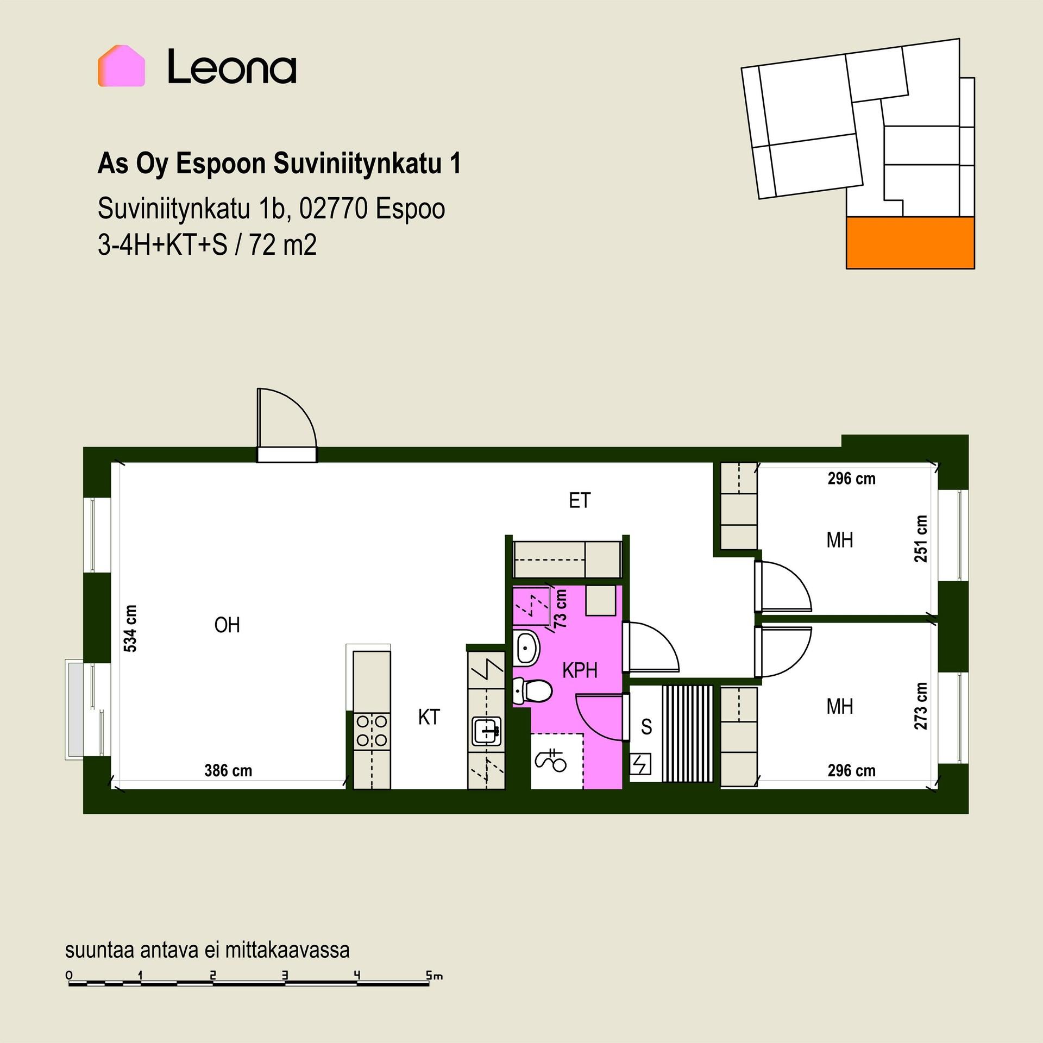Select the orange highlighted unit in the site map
910,243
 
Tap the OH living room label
227,625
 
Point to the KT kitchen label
429,717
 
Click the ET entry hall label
579,500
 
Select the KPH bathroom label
580,670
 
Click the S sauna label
646,726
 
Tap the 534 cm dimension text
130,629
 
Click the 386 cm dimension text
228,770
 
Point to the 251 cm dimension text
921,539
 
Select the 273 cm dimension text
921,706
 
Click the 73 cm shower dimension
560,609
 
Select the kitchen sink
486,731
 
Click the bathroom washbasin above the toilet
526,648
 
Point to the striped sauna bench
687,733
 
